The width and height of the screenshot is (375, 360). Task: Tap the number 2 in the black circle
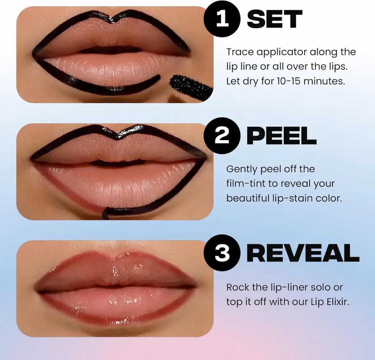(222, 136)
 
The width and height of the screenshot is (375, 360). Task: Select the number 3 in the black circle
(222, 253)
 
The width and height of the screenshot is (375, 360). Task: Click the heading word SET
(275, 19)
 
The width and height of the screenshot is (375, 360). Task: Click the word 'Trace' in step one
(240, 52)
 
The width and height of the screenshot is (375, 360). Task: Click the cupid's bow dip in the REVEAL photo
(115, 255)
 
